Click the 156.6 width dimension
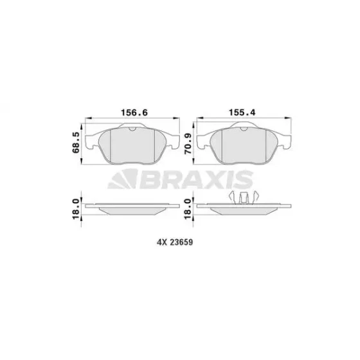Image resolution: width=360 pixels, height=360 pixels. [x=134, y=113]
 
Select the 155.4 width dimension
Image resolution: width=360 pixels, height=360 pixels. [x=242, y=113]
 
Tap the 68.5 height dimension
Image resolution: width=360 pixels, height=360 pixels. [x=76, y=143]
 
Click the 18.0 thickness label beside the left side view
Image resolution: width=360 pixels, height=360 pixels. [x=76, y=209]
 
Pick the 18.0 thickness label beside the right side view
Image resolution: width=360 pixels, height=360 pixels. [x=188, y=209]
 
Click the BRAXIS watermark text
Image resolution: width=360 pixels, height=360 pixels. [x=196, y=180]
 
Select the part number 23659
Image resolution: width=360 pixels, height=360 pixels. [x=181, y=242]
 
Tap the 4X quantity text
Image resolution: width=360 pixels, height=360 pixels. [x=162, y=242]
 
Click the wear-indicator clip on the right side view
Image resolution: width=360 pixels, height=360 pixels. [x=244, y=197]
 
